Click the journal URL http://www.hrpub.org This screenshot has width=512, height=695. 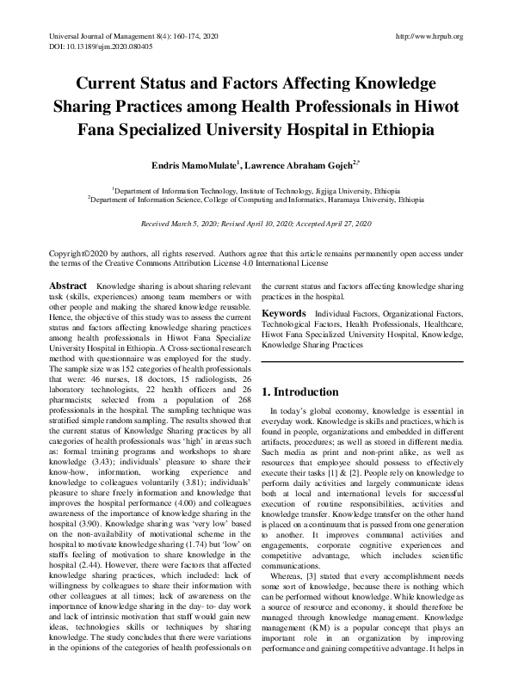pos(428,36)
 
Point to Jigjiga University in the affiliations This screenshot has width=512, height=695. pos(323,188)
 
